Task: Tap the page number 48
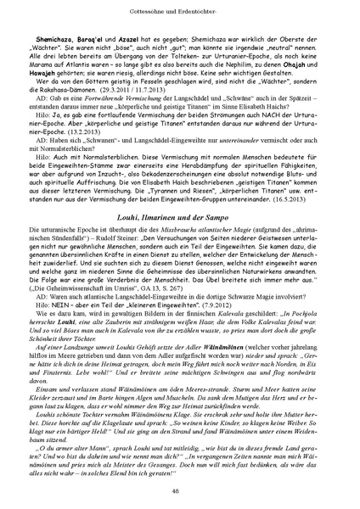pyautogui.click(x=180, y=490)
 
